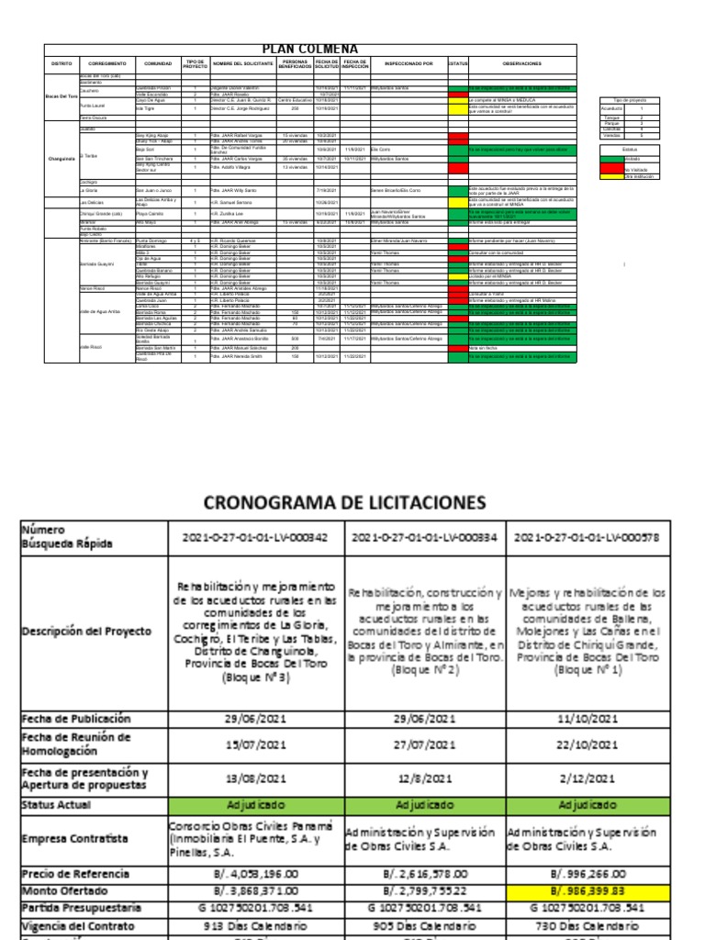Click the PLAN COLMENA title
click(309, 50)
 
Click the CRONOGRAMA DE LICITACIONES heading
click(344, 502)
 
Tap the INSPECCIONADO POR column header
click(408, 63)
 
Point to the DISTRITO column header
click(61, 63)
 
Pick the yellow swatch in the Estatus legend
click(611, 176)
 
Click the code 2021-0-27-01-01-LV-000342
click(255, 538)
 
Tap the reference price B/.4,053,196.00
click(255, 875)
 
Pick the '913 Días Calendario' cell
click(255, 926)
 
